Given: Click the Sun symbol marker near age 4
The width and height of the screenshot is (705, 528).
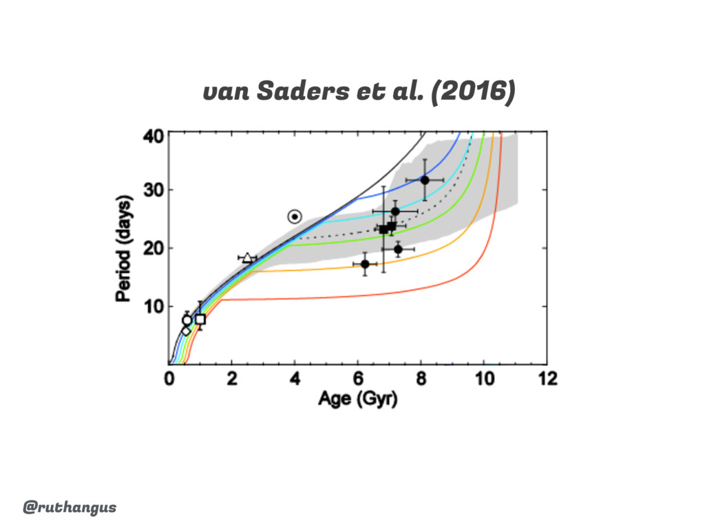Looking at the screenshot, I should (295, 217).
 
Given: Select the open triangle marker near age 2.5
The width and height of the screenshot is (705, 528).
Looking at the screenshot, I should (248, 258).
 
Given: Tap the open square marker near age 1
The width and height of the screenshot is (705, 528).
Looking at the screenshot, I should (200, 319).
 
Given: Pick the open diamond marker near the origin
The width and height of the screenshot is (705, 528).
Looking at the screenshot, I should (186, 331).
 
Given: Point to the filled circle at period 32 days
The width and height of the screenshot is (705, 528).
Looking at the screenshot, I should (425, 180).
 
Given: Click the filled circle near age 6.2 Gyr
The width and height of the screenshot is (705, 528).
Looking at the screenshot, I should (365, 264).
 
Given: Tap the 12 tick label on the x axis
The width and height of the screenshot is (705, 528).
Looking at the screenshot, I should (547, 379).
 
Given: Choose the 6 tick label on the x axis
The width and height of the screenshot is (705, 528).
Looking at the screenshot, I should (358, 379).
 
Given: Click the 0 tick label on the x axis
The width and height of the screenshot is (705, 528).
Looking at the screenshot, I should (169, 379).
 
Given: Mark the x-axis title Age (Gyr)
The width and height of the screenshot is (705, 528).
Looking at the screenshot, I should (357, 399).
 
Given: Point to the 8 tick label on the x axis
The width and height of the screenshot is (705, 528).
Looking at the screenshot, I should (421, 379).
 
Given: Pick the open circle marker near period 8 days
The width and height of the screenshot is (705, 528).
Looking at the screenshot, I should (187, 320).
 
